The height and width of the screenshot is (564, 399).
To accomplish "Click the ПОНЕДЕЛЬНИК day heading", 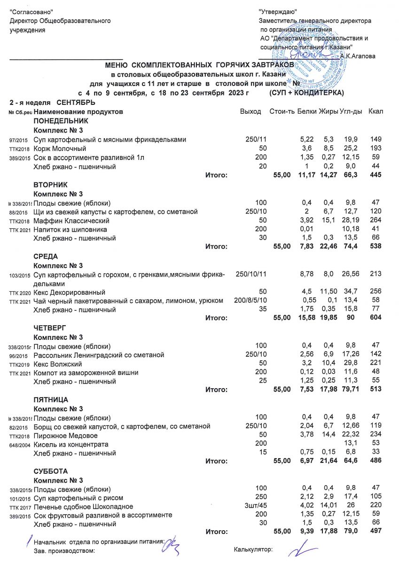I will (x=61, y=121).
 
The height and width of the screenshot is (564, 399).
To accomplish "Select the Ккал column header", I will (x=376, y=112).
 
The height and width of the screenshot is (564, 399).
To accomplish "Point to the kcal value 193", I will (x=376, y=149).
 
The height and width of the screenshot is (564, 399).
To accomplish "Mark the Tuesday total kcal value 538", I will (x=376, y=247).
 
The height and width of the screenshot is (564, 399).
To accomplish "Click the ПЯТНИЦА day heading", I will (x=51, y=399).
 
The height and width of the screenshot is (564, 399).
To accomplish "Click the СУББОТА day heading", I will (x=51, y=471).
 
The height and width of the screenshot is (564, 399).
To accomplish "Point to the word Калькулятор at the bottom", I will (x=253, y=549).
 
